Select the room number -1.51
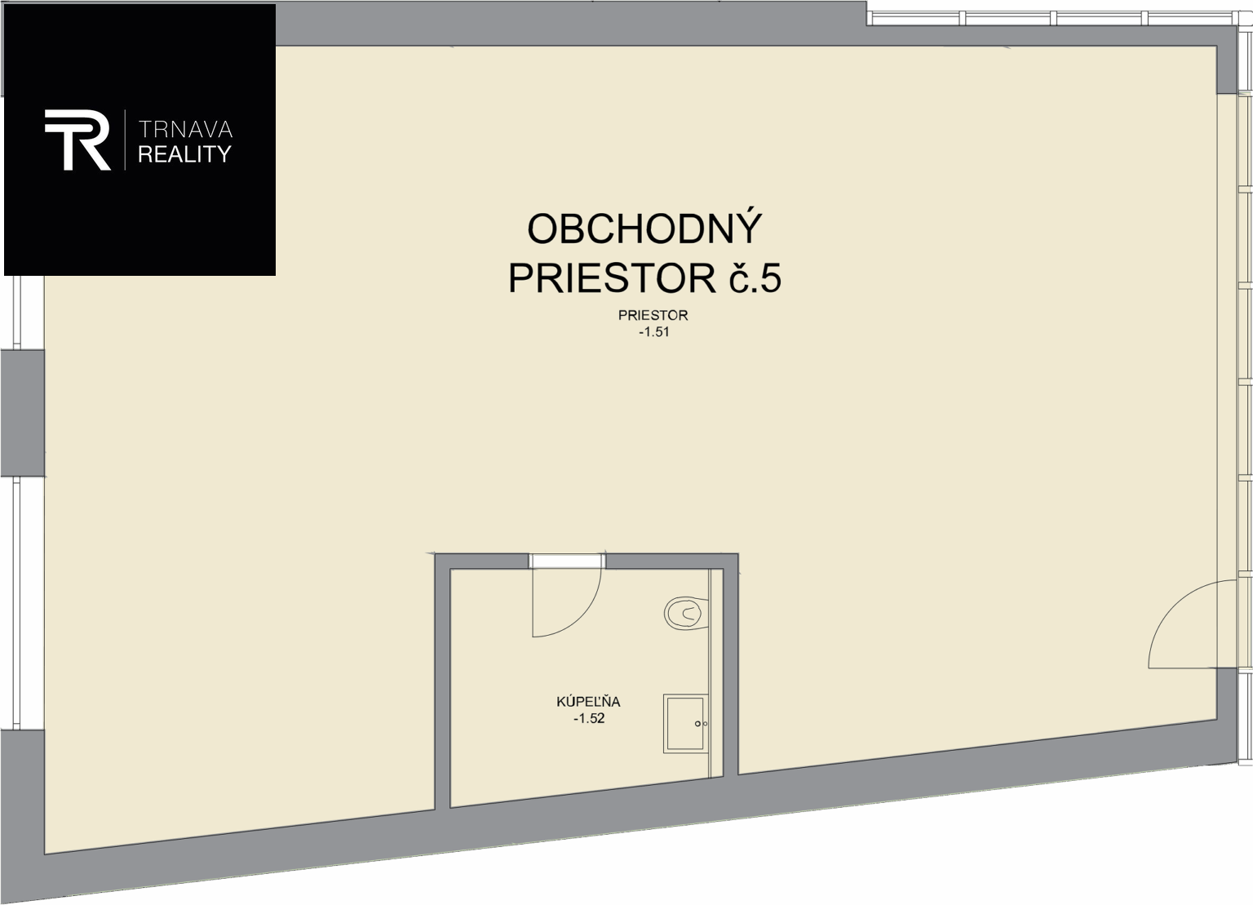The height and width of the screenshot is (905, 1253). coord(654,332)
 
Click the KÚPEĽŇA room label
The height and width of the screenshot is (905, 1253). coord(588,702)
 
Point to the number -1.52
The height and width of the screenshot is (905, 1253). coord(589,719)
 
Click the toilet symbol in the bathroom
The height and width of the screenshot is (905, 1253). coord(686,614)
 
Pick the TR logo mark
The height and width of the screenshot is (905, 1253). coord(77,140)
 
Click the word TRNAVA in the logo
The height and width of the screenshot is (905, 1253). coord(185,129)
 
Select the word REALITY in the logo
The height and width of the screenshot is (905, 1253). coord(184,154)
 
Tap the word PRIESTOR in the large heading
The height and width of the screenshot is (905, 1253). coord(612,278)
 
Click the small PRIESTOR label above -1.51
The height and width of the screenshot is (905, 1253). coord(653,315)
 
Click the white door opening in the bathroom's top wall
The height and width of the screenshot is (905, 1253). coord(567,561)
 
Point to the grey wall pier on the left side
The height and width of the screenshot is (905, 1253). coord(22,413)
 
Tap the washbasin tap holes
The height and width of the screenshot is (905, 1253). coord(701,724)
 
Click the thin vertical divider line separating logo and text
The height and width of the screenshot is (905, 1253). coord(125,140)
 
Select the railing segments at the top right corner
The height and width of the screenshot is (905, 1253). coord(1059,18)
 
